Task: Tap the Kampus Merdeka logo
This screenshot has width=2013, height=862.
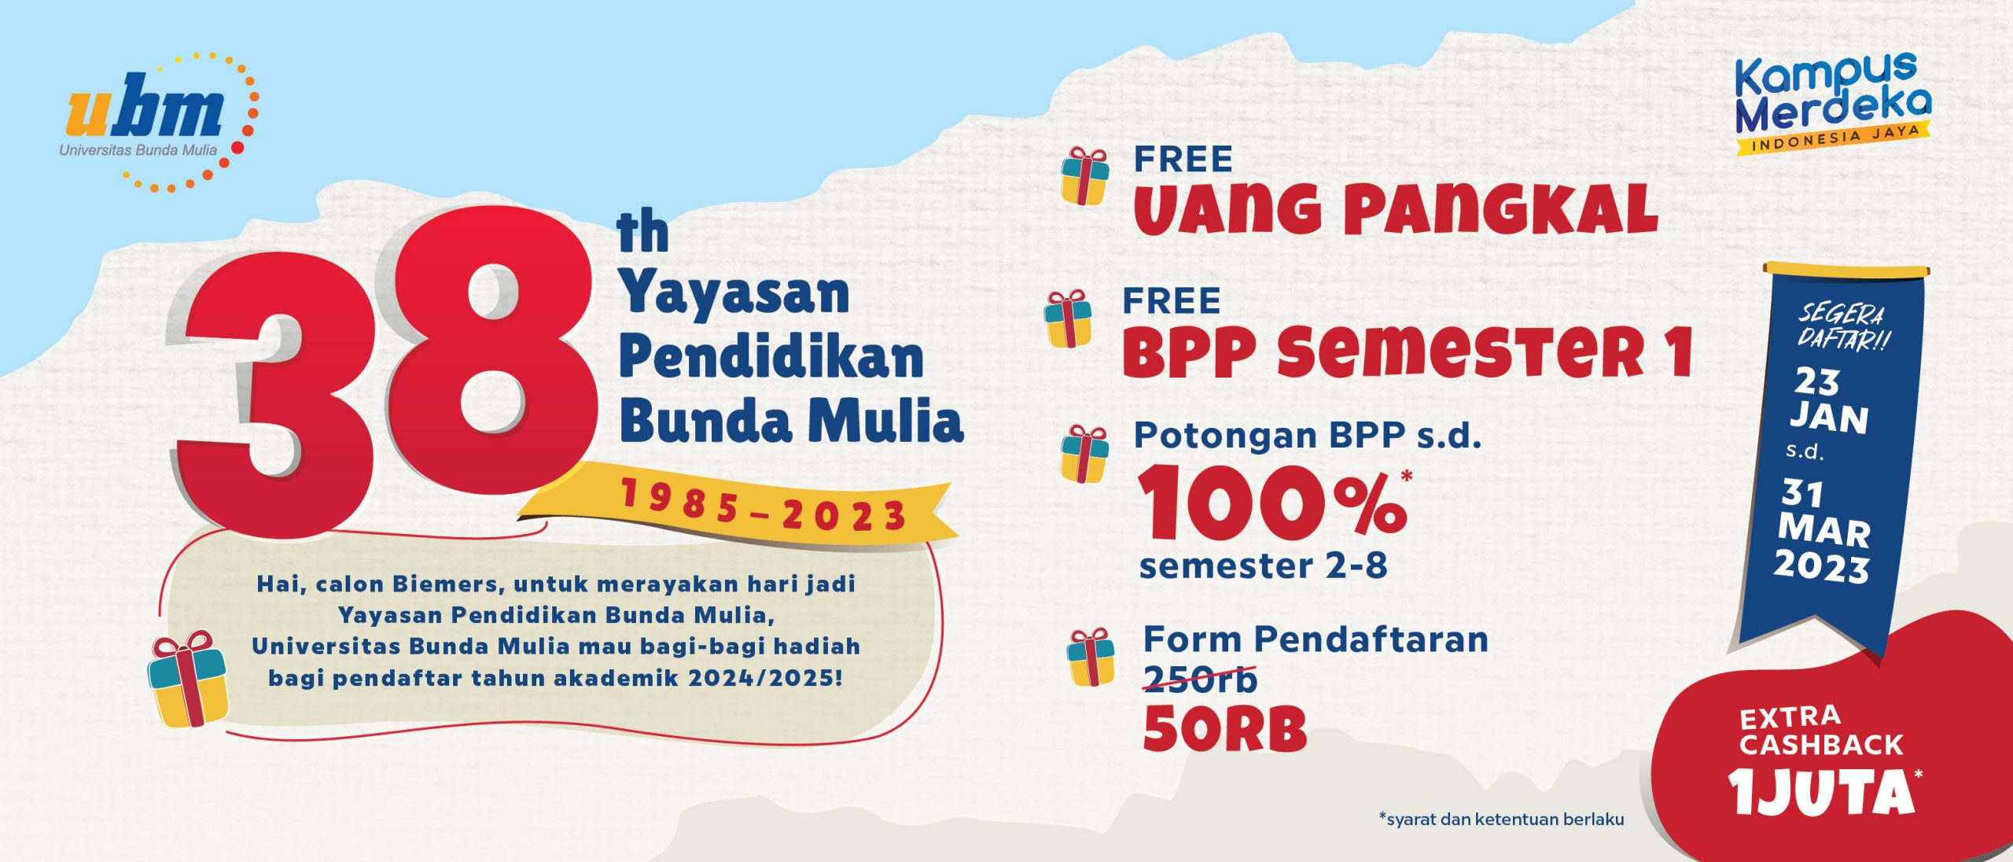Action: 1833,103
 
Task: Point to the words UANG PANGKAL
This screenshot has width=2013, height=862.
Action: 1395,209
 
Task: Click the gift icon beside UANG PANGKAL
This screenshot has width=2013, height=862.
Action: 1084,176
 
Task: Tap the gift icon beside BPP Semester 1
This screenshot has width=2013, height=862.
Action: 1068,318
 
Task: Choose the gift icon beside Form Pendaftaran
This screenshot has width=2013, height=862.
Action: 1091,658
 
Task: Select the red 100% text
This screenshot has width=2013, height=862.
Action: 1273,503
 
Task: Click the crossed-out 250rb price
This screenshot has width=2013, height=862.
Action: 1200,680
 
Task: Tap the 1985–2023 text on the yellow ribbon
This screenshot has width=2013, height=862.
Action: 764,510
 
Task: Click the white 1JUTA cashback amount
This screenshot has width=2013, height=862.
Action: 1820,793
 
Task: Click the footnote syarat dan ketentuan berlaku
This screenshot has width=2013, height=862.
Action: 1501,819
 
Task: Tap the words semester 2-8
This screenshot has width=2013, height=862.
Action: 1264,566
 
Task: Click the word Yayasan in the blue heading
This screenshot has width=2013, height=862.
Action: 735,295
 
